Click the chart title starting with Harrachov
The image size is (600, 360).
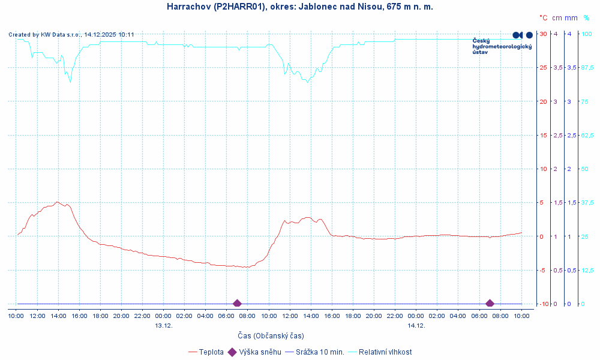pyautogui.click(x=299, y=7)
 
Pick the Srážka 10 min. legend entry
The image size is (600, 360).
pyautogui.click(x=314, y=352)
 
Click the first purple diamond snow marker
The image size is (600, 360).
pyautogui.click(x=237, y=304)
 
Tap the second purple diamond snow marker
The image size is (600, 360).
pyautogui.click(x=490, y=304)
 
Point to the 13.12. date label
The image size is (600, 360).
pyautogui.click(x=163, y=325)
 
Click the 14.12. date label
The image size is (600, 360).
pyautogui.click(x=416, y=325)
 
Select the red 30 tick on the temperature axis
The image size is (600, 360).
pyautogui.click(x=543, y=34)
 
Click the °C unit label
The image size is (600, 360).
pyautogui.click(x=543, y=18)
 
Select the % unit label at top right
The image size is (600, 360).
pyautogui.click(x=586, y=18)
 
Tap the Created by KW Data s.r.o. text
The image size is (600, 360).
pyautogui.click(x=71, y=35)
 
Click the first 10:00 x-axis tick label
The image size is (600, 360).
pyautogui.click(x=16, y=316)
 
